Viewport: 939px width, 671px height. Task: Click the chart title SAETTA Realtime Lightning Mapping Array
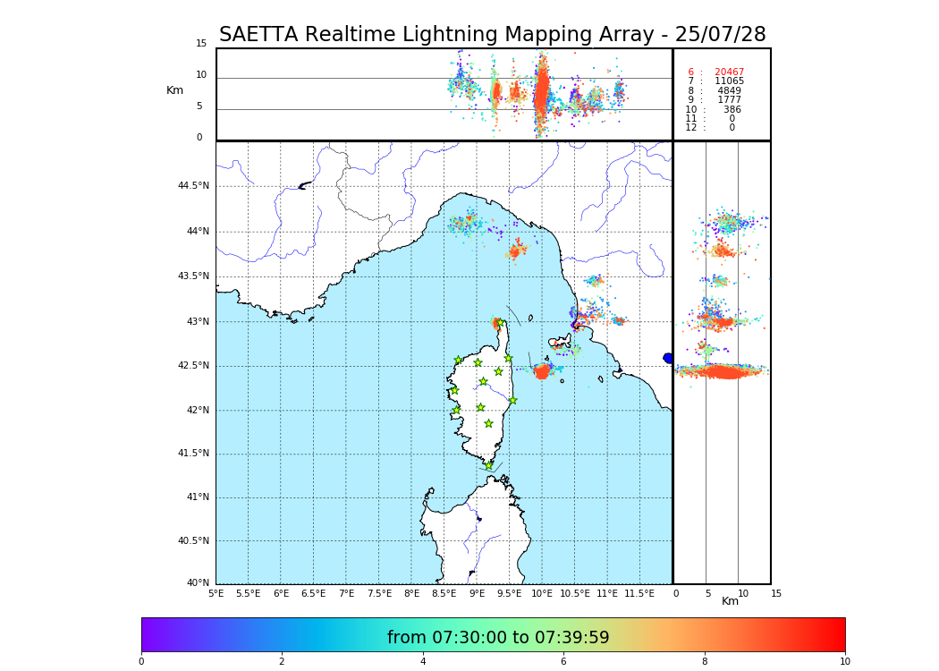click(x=492, y=35)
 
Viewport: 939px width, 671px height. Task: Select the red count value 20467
click(x=729, y=72)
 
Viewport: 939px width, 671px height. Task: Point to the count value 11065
click(x=729, y=81)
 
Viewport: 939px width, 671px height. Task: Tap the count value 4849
click(x=729, y=91)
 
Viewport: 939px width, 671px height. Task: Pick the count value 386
click(x=732, y=110)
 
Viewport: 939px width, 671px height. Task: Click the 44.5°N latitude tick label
click(x=193, y=186)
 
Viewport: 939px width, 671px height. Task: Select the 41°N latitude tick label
click(x=197, y=497)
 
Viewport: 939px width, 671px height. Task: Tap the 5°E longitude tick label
click(x=216, y=593)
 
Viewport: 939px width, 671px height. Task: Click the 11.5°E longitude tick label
click(x=639, y=593)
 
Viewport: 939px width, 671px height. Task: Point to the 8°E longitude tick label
click(x=411, y=593)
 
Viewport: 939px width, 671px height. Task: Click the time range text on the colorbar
click(x=498, y=638)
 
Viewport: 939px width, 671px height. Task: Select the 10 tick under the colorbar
click(x=844, y=662)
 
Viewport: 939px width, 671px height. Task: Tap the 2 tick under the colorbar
click(x=282, y=662)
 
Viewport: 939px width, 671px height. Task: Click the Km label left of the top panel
click(x=174, y=90)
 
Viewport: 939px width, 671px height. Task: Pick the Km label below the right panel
click(x=730, y=601)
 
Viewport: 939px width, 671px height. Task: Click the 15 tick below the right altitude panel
click(x=776, y=593)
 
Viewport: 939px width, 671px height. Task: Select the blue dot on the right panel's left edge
click(x=668, y=358)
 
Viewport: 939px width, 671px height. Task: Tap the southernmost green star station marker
click(x=488, y=465)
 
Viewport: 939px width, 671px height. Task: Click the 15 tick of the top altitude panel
click(x=201, y=44)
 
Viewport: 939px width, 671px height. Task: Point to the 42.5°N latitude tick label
click(x=193, y=366)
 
